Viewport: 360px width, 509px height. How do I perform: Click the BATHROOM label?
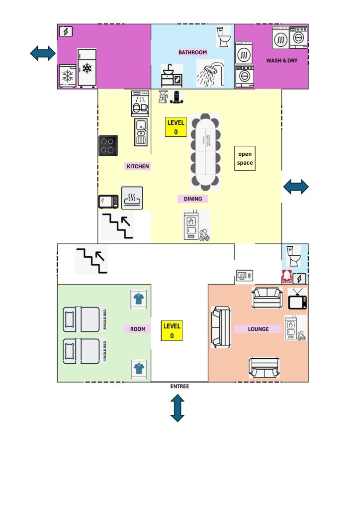[192, 52]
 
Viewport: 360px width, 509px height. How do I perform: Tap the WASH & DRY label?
[281, 61]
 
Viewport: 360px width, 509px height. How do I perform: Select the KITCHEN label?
[138, 166]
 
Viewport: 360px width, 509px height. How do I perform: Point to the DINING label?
[192, 199]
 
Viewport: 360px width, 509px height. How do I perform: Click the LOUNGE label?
[258, 329]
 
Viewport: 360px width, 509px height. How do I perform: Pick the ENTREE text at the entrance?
[180, 386]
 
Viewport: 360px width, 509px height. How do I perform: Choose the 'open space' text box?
[245, 159]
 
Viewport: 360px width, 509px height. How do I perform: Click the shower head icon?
[210, 73]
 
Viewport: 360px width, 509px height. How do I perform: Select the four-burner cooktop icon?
[108, 145]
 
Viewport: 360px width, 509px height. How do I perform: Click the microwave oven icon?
[108, 202]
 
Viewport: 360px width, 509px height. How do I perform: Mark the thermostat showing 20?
[245, 275]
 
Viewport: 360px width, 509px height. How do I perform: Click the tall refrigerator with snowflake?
[87, 68]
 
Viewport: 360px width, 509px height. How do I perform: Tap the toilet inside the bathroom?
[224, 37]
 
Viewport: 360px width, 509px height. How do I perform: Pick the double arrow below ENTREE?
[178, 408]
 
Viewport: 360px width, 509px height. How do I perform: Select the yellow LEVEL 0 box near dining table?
[176, 127]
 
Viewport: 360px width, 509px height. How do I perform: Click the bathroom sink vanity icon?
[172, 76]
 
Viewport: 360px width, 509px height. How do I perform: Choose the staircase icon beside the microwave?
[117, 225]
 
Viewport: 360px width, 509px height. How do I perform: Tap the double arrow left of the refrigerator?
[43, 53]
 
